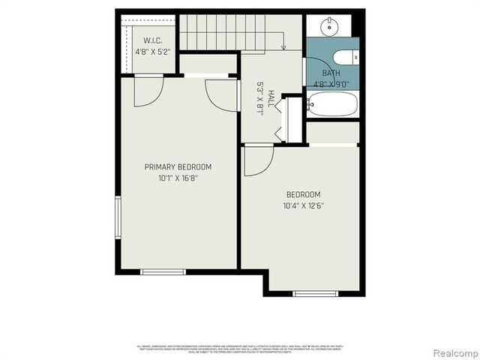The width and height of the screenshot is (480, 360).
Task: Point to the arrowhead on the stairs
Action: pos(284,47)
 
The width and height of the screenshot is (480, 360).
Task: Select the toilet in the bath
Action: pos(344,56)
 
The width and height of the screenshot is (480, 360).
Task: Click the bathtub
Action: pos(332,104)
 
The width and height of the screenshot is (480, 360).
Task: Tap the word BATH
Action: pos(331,73)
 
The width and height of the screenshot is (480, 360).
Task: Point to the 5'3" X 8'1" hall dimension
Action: pos(260,98)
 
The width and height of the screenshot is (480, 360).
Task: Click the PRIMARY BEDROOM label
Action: pos(178,166)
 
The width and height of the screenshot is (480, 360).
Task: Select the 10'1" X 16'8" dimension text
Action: pos(178,178)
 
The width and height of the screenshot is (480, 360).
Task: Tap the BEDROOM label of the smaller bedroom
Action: pos(303,193)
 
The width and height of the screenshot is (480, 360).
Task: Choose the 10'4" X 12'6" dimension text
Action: pos(303,205)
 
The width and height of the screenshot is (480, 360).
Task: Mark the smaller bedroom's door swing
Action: pos(256,160)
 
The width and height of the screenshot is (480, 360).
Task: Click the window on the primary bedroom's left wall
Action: pos(118,217)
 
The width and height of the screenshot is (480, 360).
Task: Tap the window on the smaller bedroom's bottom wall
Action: pos(316,293)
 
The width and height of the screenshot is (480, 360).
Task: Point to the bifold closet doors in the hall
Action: pos(280,120)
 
